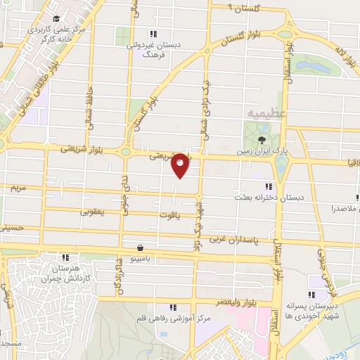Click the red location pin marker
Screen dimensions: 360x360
point(180,165)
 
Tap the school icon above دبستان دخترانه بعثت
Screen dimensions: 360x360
point(268,186)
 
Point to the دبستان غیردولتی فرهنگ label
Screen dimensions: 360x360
point(159,49)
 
